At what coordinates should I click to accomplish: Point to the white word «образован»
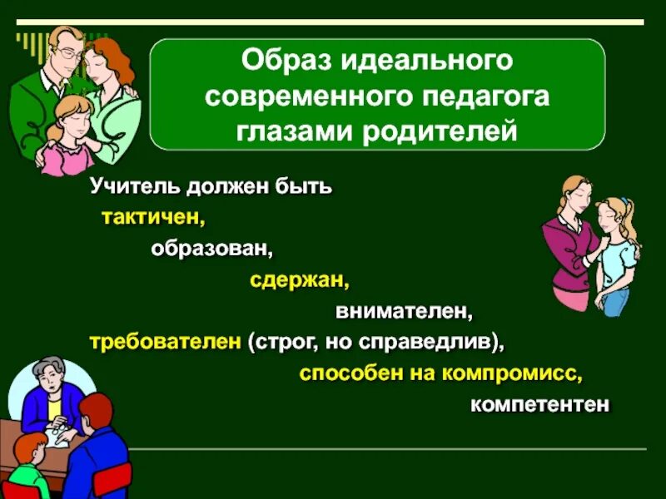pyautogui.click(x=211, y=249)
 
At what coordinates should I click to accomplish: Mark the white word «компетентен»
pyautogui.click(x=539, y=405)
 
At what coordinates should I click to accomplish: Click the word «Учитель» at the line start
pyautogui.click(x=128, y=186)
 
